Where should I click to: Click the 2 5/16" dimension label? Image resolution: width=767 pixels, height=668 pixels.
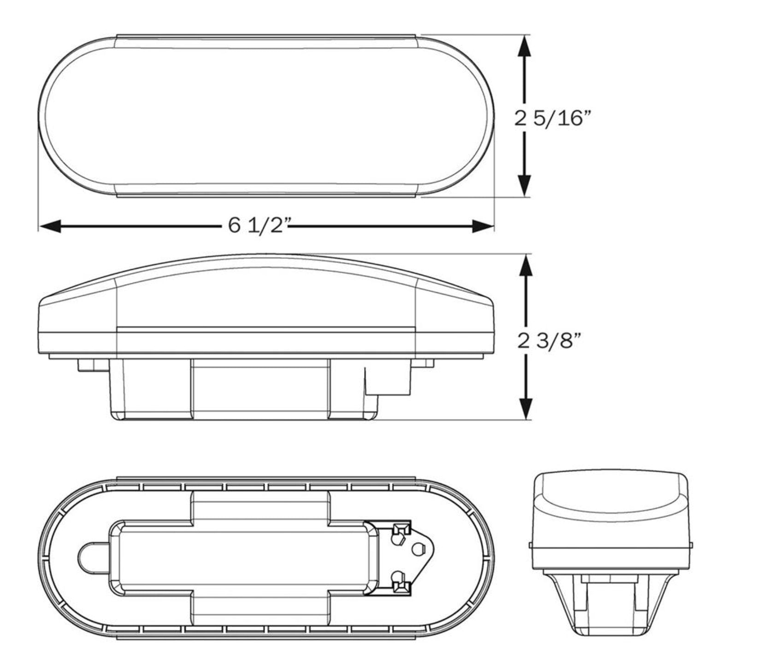552,118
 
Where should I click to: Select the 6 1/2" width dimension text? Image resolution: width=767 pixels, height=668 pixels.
260,225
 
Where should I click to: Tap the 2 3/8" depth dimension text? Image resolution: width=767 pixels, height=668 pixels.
549,341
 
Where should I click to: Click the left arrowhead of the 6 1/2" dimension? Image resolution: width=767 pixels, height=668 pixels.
50,226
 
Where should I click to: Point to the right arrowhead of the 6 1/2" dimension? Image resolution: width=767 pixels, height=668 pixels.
483,226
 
